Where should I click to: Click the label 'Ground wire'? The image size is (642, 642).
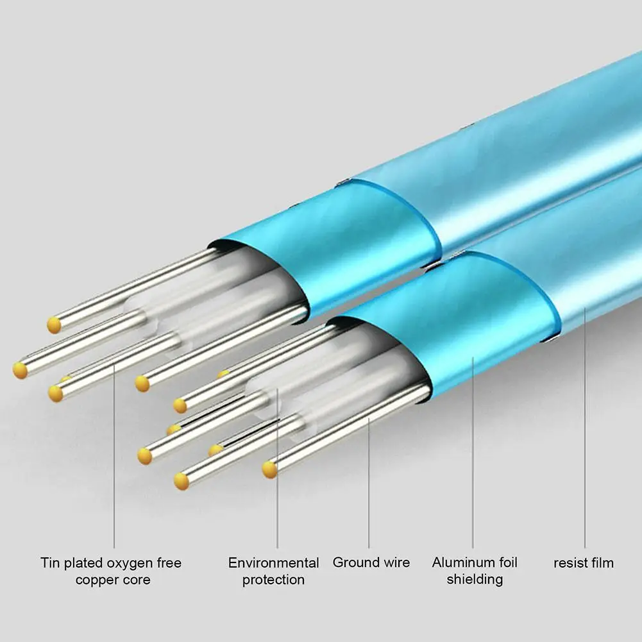[x=371, y=562]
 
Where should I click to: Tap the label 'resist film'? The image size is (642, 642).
[x=584, y=563]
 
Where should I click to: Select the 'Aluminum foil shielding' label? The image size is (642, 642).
[x=475, y=571]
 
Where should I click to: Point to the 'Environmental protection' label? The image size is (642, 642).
[x=274, y=571]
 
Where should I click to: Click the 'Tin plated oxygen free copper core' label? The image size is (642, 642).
[x=112, y=571]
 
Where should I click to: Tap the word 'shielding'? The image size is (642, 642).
[x=475, y=580]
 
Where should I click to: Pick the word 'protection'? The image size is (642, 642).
[x=274, y=580]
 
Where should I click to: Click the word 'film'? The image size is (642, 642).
[x=602, y=563]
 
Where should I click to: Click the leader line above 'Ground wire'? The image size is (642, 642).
[x=369, y=481]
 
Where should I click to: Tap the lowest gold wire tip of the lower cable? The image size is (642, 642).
[x=182, y=481]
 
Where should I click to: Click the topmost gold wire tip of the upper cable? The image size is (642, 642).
[x=55, y=325]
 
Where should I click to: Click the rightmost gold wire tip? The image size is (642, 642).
[x=270, y=469]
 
